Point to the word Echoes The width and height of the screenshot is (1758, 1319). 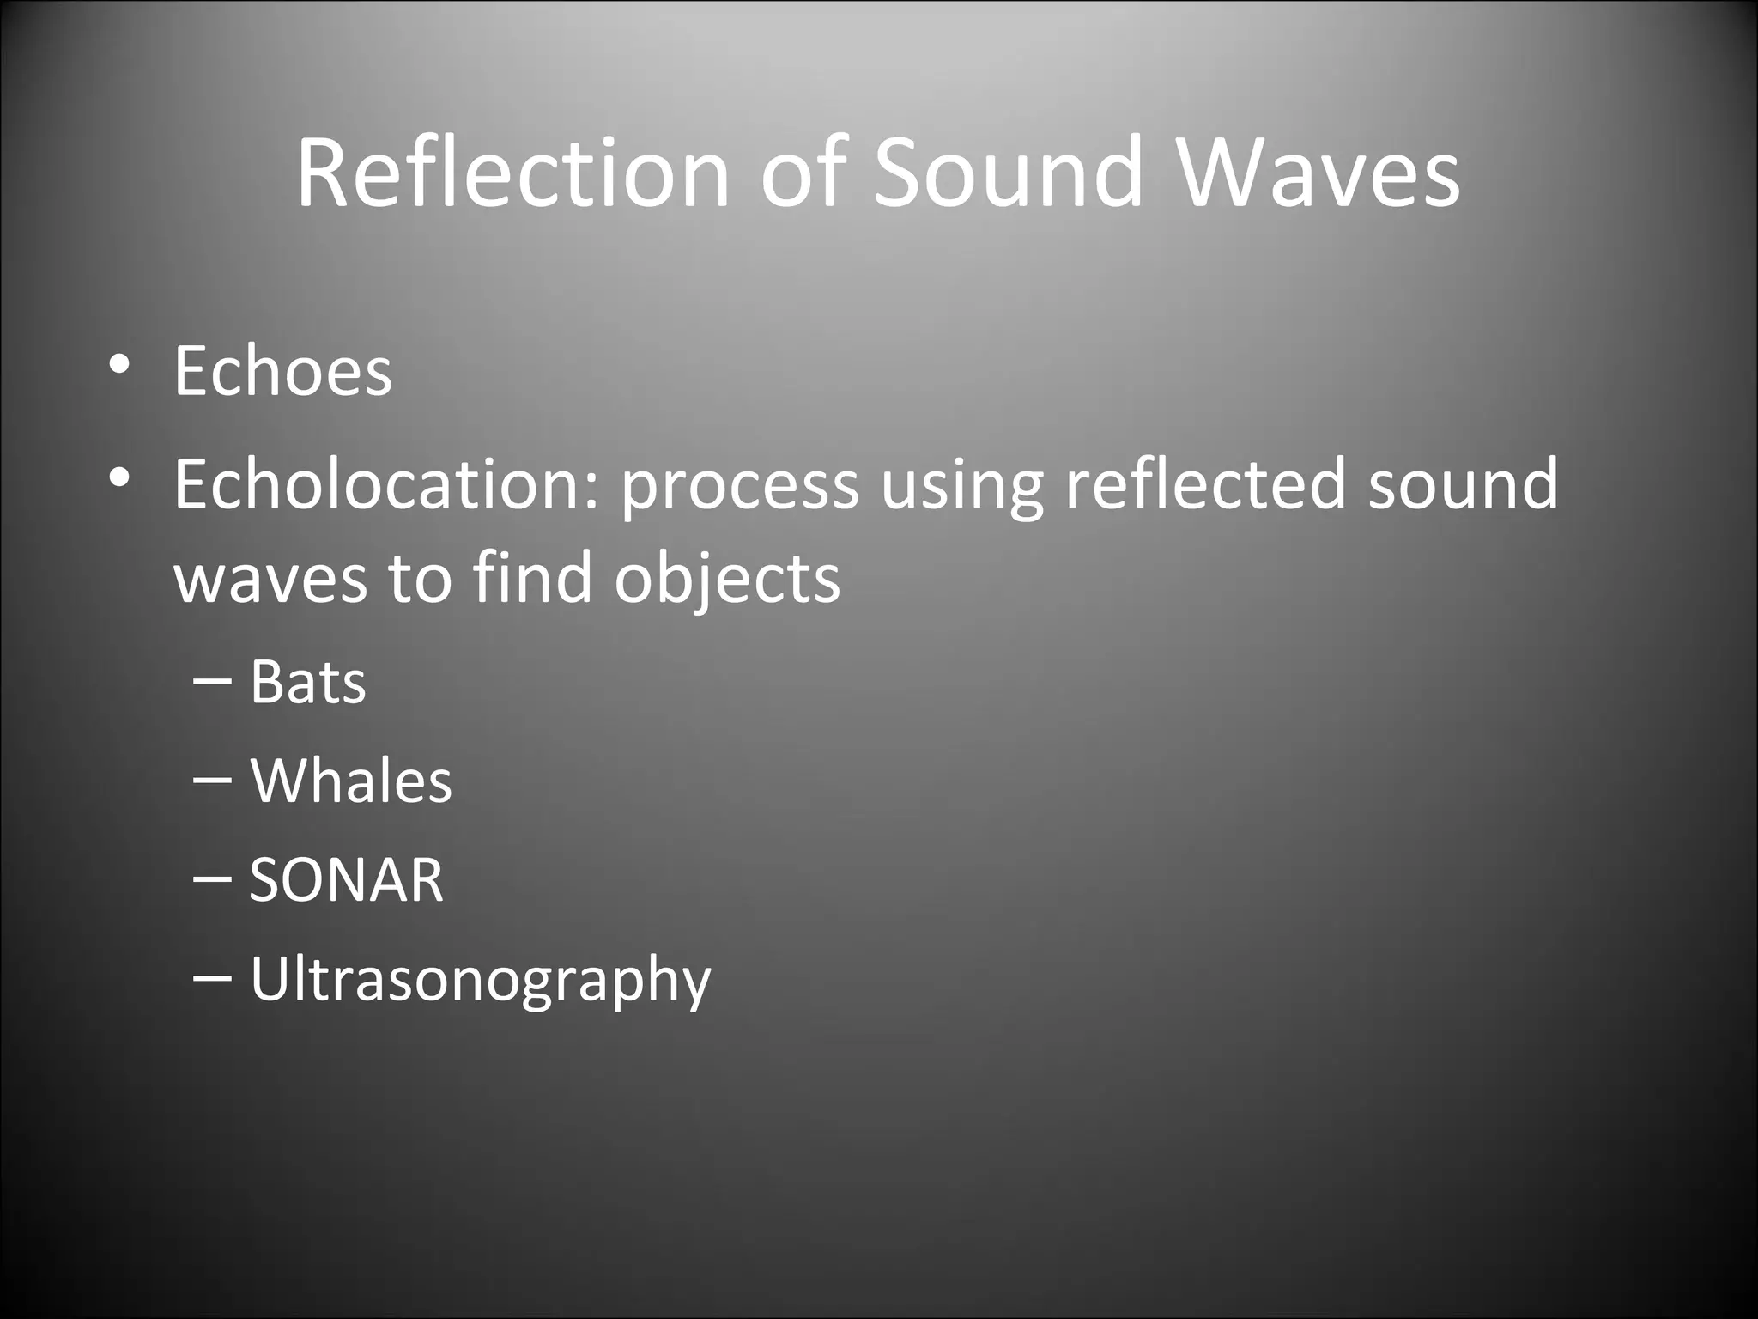tap(282, 371)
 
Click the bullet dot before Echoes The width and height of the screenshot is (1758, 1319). tap(119, 364)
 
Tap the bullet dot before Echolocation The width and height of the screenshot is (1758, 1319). tap(119, 477)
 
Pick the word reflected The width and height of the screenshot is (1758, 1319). tap(1204, 483)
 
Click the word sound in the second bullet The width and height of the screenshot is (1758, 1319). tap(1463, 483)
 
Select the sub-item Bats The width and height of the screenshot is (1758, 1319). tap(307, 683)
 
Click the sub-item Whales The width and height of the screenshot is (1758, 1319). tap(350, 781)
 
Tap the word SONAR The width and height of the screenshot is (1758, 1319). tap(346, 880)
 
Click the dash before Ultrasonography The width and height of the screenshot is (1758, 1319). tap(212, 978)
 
